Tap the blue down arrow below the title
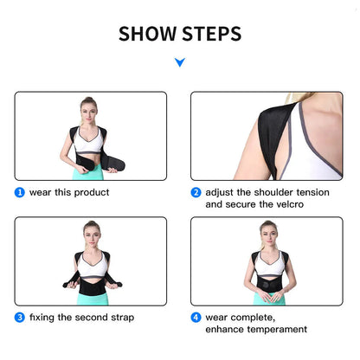point(179,62)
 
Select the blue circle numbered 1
point(19,192)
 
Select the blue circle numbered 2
point(196,192)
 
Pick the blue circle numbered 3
point(19,317)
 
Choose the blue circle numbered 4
point(196,317)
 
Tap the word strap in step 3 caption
point(121,317)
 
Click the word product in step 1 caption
point(90,192)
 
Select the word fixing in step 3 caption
point(43,317)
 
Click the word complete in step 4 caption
point(248,317)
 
